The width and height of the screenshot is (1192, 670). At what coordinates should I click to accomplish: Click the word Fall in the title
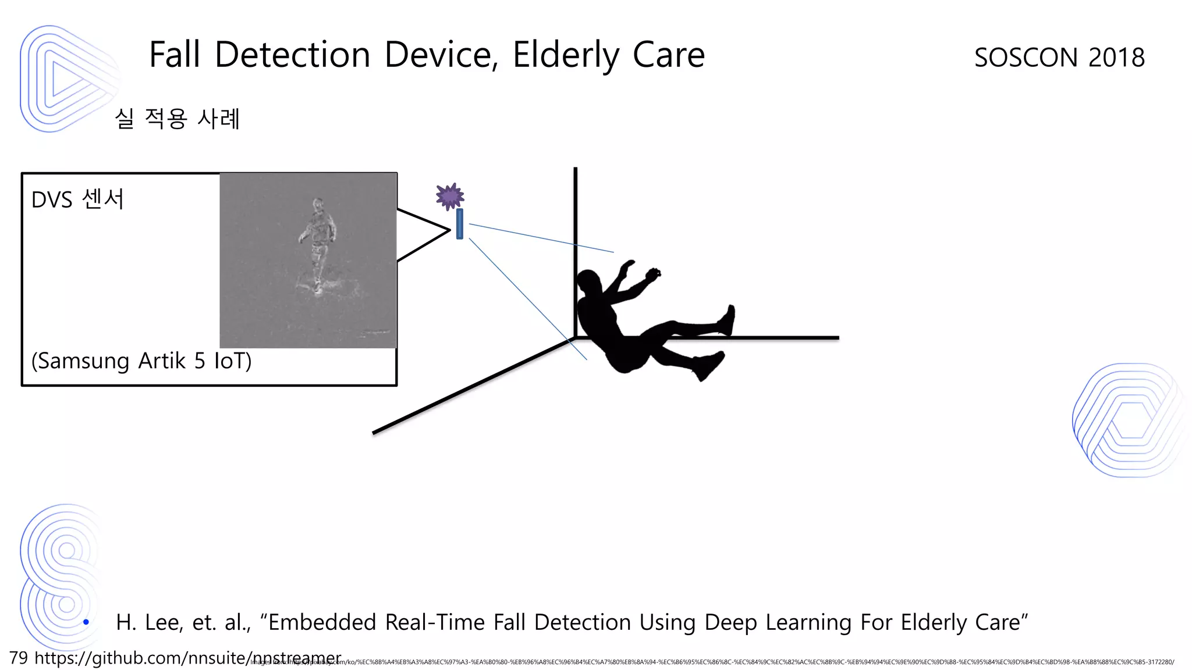coord(174,55)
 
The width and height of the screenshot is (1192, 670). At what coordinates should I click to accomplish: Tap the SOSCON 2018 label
coord(1059,58)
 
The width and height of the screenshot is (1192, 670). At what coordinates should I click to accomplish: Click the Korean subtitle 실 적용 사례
coord(177,119)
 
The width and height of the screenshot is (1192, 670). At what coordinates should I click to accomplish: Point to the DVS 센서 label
coord(77,199)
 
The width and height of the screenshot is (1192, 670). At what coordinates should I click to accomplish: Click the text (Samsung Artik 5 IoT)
coord(141,361)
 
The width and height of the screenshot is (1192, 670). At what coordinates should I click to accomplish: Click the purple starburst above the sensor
coord(450,197)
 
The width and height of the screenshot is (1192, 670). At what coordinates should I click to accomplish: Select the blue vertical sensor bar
coord(460,224)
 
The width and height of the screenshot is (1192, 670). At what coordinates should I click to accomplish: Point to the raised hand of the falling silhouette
coord(653,273)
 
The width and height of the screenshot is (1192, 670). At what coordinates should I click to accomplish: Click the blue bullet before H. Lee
coord(86,622)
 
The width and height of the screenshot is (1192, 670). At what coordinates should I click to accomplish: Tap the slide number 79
coord(19,658)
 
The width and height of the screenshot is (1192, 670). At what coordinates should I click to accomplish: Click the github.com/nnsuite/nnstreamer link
coord(187,658)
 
